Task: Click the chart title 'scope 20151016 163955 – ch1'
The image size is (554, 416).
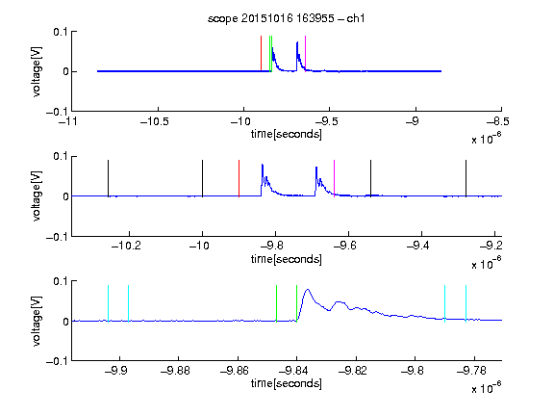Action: (x=287, y=18)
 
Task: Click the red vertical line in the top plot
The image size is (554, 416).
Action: (x=261, y=53)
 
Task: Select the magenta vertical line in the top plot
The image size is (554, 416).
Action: (x=305, y=53)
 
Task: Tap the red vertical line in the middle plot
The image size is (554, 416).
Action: (x=239, y=178)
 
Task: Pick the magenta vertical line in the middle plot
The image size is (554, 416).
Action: (x=335, y=178)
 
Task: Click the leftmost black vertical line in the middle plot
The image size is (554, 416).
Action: (x=108, y=178)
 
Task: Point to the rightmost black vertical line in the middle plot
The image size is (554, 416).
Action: (x=466, y=178)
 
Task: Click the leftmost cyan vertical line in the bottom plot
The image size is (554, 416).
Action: (x=108, y=303)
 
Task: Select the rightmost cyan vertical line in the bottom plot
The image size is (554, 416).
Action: (x=466, y=303)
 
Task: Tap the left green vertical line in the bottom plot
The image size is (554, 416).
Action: (x=276, y=303)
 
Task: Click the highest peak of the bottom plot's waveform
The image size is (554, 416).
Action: (x=308, y=289)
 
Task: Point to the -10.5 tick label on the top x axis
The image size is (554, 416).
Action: (x=155, y=121)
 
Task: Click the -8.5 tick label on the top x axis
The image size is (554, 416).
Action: (x=498, y=121)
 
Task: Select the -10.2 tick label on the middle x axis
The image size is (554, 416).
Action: (x=126, y=246)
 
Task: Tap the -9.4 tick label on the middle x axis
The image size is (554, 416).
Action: (x=418, y=246)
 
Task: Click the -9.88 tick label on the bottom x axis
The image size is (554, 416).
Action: (x=175, y=371)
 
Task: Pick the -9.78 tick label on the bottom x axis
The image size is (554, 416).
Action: (x=471, y=371)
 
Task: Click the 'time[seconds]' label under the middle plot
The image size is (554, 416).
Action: (x=287, y=259)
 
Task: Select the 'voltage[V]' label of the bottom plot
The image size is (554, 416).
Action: (x=37, y=321)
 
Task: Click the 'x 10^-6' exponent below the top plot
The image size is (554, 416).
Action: (x=486, y=139)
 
